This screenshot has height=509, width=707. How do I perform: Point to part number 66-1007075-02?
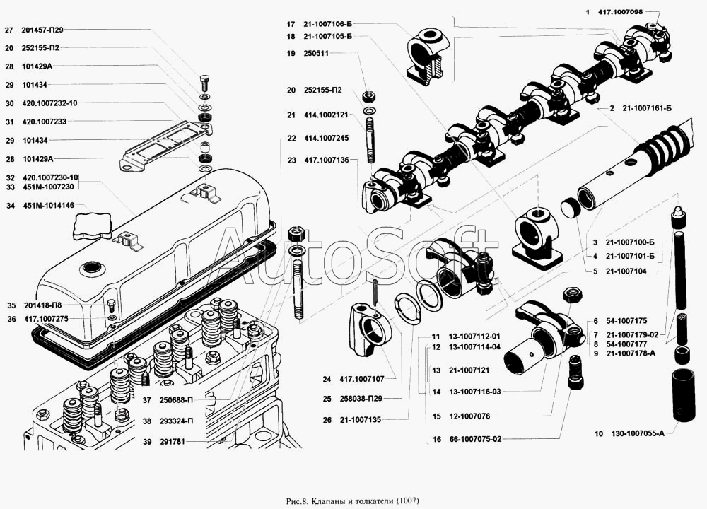pos(475,439)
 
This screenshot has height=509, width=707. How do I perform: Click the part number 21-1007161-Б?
pos(647,109)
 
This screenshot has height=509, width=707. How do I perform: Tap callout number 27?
pos(8,30)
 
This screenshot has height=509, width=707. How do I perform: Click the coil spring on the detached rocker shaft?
pos(667,146)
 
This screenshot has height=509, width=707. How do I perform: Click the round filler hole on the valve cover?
pos(93,268)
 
